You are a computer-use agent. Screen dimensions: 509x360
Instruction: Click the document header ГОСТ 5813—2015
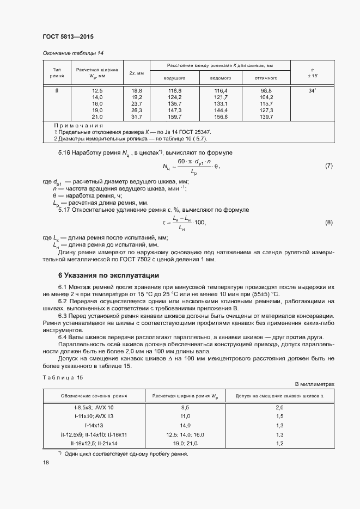click(68, 37)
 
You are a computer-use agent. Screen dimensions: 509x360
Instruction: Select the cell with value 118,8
click(175, 90)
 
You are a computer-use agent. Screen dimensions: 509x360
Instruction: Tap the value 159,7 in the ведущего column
click(175, 117)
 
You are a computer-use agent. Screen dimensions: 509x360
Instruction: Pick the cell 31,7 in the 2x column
click(136, 117)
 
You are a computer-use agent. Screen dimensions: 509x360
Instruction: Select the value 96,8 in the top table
click(266, 90)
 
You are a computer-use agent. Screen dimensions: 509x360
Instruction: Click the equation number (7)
click(328, 165)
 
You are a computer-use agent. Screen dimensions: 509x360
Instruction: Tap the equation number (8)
click(328, 222)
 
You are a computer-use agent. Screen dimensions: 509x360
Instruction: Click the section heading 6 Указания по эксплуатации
click(108, 275)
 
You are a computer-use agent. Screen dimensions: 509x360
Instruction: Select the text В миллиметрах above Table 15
click(314, 384)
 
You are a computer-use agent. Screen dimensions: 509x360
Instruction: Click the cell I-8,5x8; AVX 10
click(94, 407)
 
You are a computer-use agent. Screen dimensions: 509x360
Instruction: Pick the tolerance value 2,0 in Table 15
click(279, 407)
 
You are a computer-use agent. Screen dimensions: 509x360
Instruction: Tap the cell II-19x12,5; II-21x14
click(94, 444)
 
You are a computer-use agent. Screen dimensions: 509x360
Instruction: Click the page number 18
click(46, 462)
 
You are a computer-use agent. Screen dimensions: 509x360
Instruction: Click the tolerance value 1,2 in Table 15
click(279, 444)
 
